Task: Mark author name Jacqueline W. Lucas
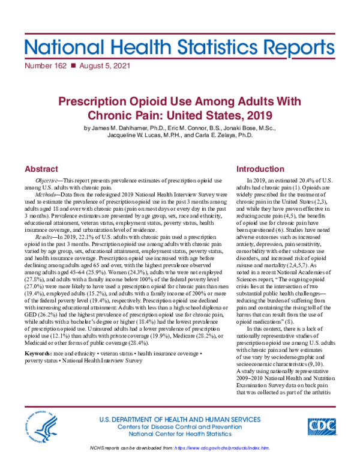tap(145, 136)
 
